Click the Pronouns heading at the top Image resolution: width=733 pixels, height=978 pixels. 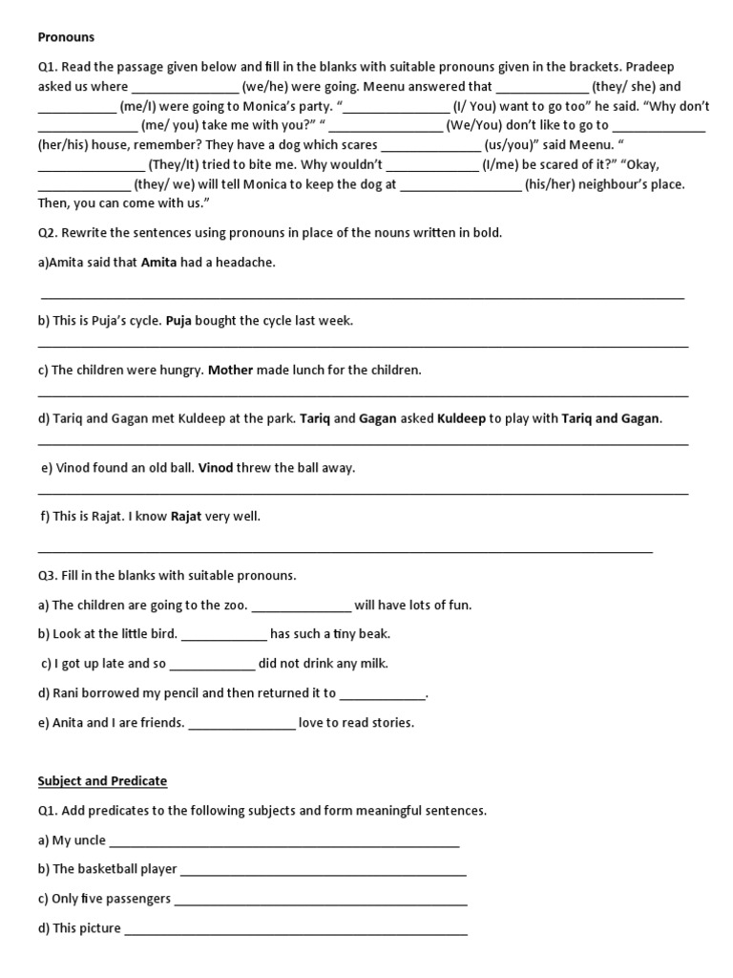(x=66, y=37)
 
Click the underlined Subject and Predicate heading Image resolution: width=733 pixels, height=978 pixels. (x=102, y=781)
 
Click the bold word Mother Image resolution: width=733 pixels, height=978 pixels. (x=230, y=370)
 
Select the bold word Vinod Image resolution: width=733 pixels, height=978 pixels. (x=215, y=468)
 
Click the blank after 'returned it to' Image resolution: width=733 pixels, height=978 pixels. (x=382, y=694)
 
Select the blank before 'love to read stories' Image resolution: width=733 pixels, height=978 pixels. (x=242, y=723)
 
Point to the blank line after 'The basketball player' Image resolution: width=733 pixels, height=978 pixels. (x=323, y=870)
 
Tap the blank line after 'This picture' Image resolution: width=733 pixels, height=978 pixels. (x=296, y=928)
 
